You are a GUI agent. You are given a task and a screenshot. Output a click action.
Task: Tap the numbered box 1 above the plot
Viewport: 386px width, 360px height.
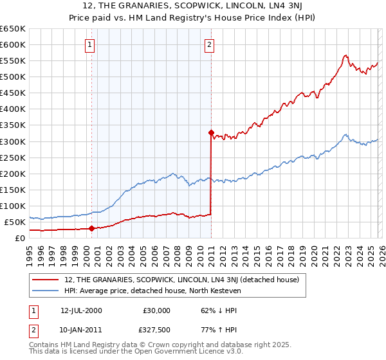point(89,45)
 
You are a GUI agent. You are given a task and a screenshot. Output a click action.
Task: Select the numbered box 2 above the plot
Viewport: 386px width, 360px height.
point(210,45)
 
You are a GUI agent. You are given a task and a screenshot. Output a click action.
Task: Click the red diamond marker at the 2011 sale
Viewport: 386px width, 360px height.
point(211,132)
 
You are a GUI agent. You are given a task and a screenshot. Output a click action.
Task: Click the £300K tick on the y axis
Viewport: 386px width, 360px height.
point(13,141)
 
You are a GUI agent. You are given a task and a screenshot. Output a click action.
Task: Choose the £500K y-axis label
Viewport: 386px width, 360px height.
point(13,77)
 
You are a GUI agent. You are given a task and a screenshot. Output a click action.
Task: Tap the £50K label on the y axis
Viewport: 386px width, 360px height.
point(15,222)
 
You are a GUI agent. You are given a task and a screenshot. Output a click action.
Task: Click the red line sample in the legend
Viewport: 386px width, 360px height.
point(46,280)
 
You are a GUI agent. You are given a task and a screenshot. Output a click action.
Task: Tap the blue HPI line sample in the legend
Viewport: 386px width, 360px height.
point(46,290)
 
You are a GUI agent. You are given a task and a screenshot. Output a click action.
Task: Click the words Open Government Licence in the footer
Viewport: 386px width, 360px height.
point(185,353)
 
